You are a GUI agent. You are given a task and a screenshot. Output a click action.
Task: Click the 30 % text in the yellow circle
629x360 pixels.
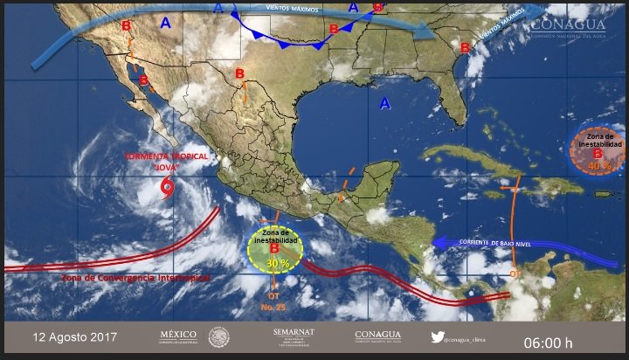click(x=277, y=262)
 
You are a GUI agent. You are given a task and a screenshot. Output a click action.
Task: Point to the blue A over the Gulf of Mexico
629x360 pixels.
click(x=384, y=104)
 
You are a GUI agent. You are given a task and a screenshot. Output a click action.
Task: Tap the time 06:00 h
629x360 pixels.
click(x=549, y=339)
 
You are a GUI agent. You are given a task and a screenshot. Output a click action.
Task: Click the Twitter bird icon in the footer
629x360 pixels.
click(x=438, y=336)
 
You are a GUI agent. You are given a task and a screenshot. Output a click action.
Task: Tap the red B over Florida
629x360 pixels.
click(x=465, y=47)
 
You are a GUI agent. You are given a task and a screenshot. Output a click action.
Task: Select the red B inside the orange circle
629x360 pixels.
click(x=598, y=154)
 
